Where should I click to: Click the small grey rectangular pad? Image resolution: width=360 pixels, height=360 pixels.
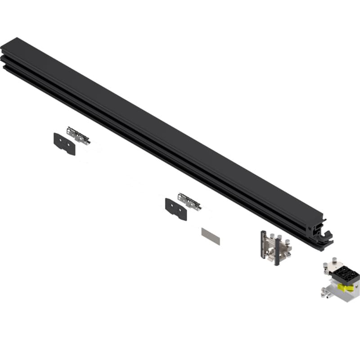point(211,236)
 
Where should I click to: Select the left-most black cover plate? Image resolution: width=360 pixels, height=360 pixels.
point(64,144)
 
